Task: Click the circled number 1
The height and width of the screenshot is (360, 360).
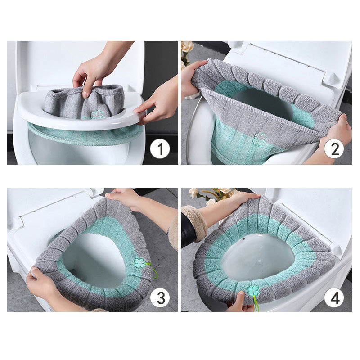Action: coord(160,148)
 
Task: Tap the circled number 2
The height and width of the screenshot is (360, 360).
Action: coord(333,148)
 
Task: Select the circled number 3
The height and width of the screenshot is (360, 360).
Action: coord(160,297)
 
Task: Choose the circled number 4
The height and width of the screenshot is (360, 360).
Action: coord(333,297)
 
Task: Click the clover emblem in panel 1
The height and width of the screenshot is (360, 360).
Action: coord(98,115)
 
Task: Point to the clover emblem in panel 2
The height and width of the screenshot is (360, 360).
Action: coord(260,139)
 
